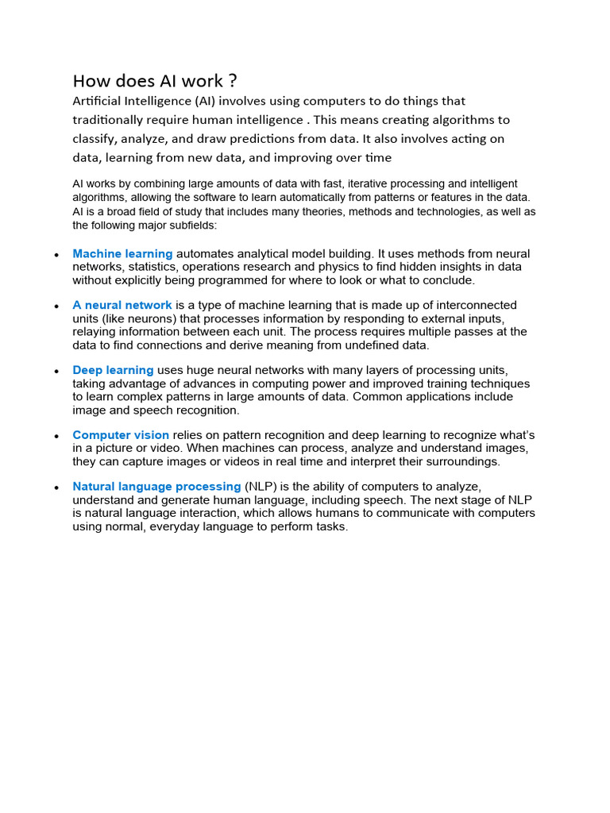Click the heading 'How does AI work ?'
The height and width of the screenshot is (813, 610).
tap(155, 81)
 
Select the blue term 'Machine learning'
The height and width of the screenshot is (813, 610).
tap(122, 254)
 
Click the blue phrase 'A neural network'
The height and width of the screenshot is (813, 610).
tap(122, 306)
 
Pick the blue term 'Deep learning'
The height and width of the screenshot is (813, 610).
tap(113, 370)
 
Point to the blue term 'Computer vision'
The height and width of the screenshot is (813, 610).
tap(121, 435)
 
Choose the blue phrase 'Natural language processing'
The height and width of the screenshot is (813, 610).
tap(156, 487)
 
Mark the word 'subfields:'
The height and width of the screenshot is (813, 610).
tap(204, 225)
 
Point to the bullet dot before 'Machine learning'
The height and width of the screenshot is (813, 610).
tap(56, 256)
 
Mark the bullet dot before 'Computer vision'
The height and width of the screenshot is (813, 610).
tap(56, 437)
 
